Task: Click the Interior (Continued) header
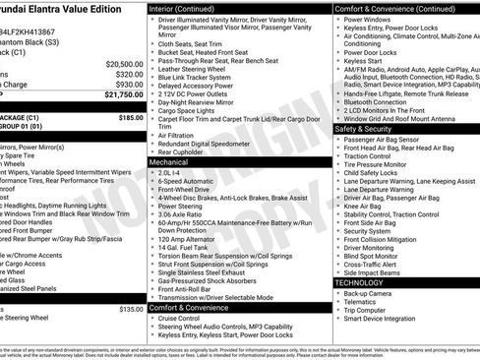click(x=189, y=8)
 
